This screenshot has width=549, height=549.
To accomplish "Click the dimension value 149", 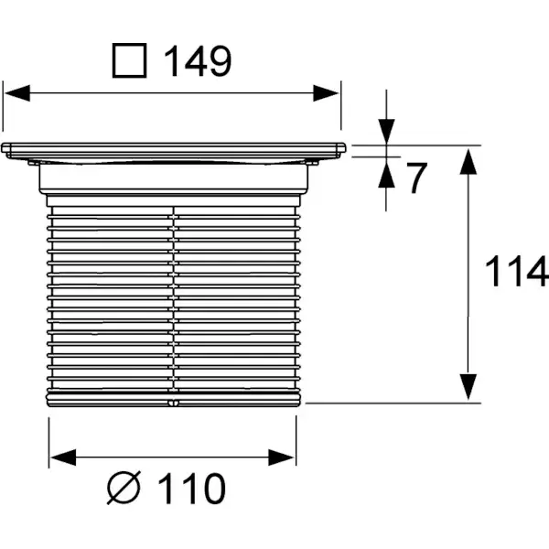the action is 198,61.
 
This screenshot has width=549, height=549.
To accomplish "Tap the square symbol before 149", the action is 129,60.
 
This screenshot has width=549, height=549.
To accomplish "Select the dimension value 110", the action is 192,489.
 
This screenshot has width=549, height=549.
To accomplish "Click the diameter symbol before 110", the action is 124,488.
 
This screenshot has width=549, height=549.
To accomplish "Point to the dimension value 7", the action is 416,178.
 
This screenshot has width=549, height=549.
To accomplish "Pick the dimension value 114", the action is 516,272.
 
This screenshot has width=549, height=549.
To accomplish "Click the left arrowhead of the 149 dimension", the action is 17,93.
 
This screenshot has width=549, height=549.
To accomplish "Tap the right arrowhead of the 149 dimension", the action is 326,93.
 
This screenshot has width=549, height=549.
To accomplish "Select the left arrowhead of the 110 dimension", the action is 63,457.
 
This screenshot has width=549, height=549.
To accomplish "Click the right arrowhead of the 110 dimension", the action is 281,457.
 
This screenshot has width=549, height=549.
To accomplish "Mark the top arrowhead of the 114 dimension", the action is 468,161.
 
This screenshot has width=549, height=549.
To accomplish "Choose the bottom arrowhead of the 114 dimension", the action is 468,387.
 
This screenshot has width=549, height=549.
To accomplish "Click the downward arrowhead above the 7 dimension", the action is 386,131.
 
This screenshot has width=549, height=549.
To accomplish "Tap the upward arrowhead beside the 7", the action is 386,175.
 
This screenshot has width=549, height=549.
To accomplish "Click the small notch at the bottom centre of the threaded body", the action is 173,403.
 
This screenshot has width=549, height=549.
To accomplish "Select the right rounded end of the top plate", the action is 341,148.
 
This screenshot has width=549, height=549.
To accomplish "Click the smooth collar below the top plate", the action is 173,178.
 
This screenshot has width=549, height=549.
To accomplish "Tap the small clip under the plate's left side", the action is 34,163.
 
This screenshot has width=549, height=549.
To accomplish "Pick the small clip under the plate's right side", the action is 312,163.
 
